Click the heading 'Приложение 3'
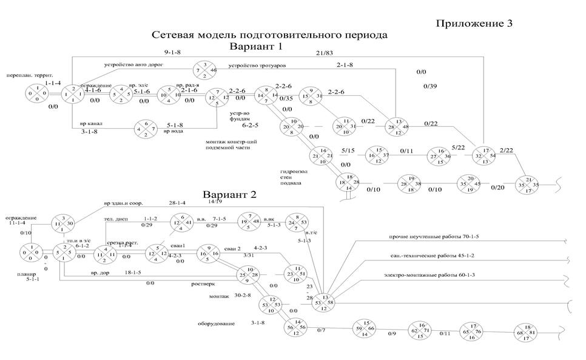tap(474, 24)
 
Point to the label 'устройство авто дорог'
tap(133, 64)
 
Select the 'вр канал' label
tap(91, 123)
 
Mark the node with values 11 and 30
tap(62, 223)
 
